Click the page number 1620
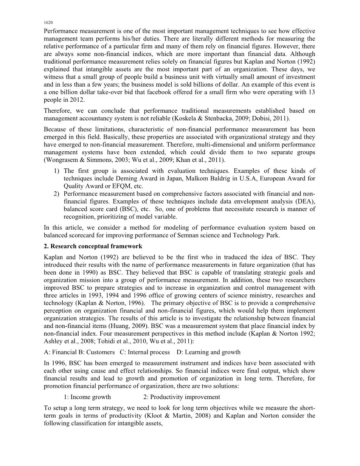pyautogui.click(x=47, y=23)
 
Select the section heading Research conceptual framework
pyautogui.click(x=96, y=246)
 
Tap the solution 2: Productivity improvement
pyautogui.click(x=182, y=397)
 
